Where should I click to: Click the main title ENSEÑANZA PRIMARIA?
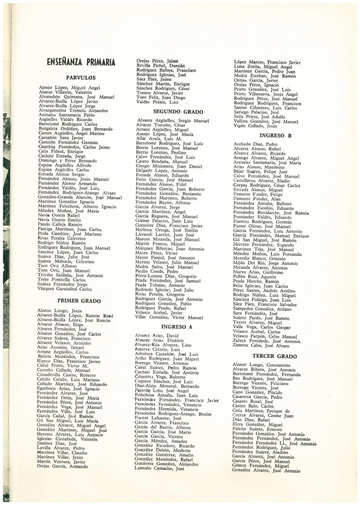point(81,62)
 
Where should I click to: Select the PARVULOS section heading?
point(81,77)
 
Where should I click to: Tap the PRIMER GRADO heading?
point(79,301)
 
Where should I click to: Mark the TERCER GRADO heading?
point(274,356)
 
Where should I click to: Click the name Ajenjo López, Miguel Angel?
point(69,88)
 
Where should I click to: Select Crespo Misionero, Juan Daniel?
point(164,167)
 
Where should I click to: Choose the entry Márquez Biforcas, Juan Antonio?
point(165,249)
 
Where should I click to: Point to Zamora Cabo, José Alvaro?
point(261,346)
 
